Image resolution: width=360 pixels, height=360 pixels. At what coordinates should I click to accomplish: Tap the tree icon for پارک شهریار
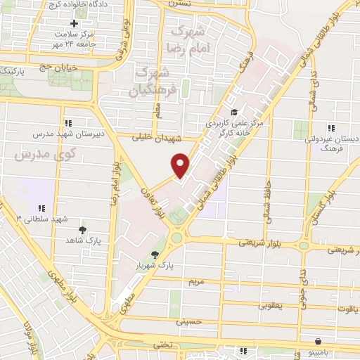(155, 255)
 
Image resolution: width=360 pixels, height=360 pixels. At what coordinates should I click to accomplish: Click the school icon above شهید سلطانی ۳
(41, 208)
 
